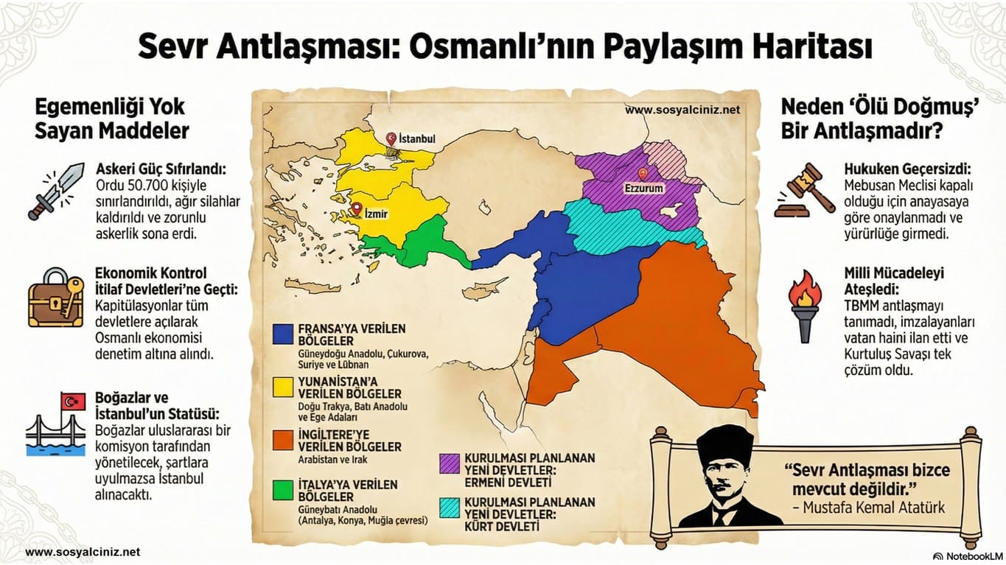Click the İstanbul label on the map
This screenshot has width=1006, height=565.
(417, 138)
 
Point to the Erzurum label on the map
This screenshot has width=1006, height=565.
(644, 189)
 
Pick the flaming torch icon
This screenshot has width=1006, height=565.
(806, 306)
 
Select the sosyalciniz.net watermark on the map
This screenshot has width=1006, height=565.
(682, 110)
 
